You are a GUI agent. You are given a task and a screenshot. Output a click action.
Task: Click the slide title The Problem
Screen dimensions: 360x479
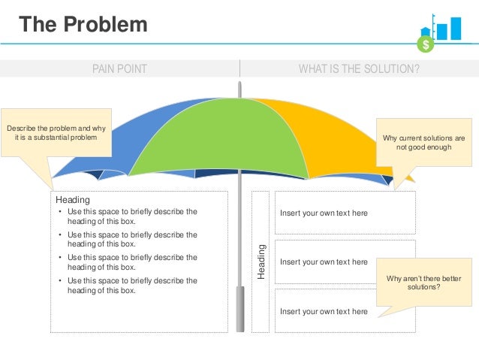pyautogui.click(x=83, y=25)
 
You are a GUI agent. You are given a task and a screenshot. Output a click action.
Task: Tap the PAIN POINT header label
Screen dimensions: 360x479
pyautogui.click(x=119, y=69)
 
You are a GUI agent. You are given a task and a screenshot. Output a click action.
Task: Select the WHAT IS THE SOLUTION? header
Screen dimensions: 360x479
pyautogui.click(x=359, y=69)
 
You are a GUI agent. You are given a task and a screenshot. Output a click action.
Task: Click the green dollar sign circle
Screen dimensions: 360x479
pyautogui.click(x=426, y=45)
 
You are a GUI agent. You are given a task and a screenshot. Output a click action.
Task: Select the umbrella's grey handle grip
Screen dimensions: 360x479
pyautogui.click(x=240, y=308)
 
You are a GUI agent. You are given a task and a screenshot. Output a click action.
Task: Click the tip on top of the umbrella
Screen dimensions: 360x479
pyautogui.click(x=239, y=89)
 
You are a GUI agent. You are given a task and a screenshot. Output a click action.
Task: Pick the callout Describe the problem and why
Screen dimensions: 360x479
pyautogui.click(x=56, y=132)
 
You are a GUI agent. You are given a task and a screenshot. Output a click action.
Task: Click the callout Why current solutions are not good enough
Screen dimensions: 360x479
pyautogui.click(x=423, y=143)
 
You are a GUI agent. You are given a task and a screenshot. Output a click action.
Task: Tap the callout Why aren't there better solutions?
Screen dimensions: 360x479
pyautogui.click(x=423, y=282)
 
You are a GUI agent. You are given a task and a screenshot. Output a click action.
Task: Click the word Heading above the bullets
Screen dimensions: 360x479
pyautogui.click(x=73, y=200)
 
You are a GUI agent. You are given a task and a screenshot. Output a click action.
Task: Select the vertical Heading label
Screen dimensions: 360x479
pyautogui.click(x=261, y=262)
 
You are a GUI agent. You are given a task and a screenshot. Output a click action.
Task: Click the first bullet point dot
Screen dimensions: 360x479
pyautogui.click(x=60, y=213)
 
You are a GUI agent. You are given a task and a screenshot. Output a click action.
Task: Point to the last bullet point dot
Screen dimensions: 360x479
pyautogui.click(x=60, y=281)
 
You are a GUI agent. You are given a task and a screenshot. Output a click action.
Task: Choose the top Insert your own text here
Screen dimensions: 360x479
pyautogui.click(x=324, y=213)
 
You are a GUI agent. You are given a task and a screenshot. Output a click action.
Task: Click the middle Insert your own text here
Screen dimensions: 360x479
pyautogui.click(x=324, y=262)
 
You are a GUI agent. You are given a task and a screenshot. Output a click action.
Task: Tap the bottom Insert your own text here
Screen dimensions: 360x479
pyautogui.click(x=324, y=311)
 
